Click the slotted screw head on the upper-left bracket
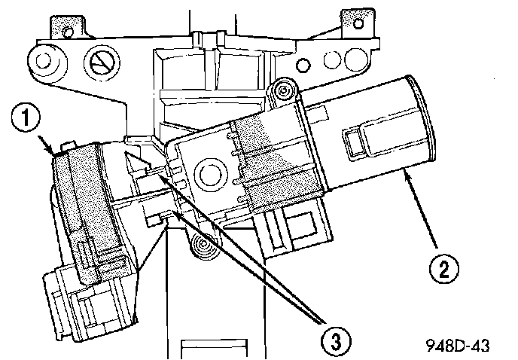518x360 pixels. pos(100,63)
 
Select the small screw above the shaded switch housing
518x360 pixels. pos(284,92)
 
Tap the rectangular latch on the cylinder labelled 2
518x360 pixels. pos(365,142)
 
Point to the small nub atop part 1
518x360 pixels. pos(70,143)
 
